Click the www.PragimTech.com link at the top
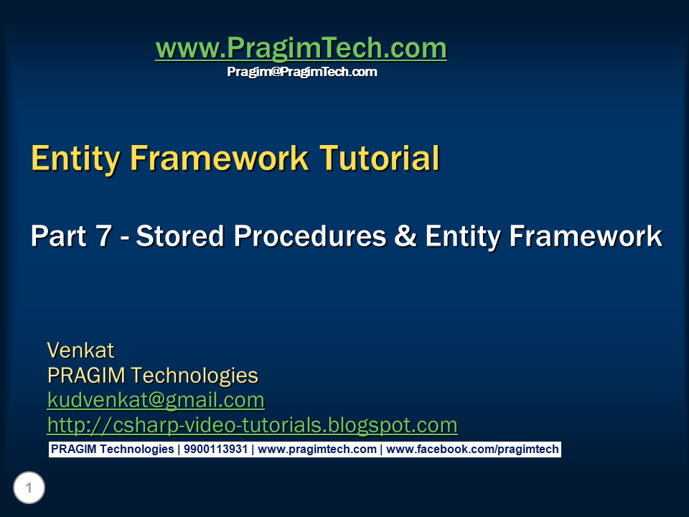tap(301, 49)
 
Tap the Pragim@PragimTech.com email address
tap(301, 72)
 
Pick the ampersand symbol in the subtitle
tap(406, 236)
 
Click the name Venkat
tap(80, 350)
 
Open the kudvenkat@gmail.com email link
tap(156, 400)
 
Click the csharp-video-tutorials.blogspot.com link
tap(252, 425)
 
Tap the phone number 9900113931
tap(215, 450)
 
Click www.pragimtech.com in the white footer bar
tap(317, 450)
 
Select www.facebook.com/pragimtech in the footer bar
tap(472, 450)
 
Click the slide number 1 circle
tap(29, 489)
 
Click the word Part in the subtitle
tap(60, 236)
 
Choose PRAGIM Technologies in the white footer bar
tap(112, 450)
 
